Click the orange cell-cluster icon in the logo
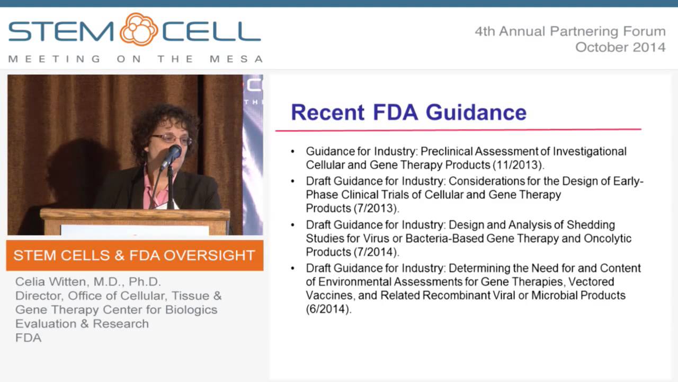click(139, 30)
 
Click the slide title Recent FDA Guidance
click(408, 112)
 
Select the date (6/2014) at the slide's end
click(328, 309)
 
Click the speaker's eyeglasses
click(171, 139)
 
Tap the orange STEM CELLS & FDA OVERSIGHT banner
click(135, 255)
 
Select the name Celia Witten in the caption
click(52, 282)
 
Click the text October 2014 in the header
click(620, 47)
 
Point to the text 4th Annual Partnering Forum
click(570, 31)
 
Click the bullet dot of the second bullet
click(293, 181)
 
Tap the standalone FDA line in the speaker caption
click(28, 337)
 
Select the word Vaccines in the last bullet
click(328, 296)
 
